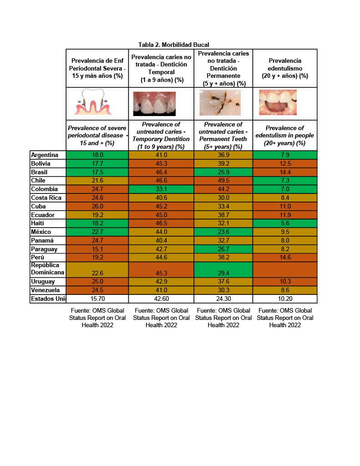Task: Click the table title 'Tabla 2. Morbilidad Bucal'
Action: [x=173, y=45]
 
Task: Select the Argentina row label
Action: [x=45, y=155]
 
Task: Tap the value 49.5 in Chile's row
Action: [x=223, y=181]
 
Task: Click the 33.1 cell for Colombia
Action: [x=161, y=189]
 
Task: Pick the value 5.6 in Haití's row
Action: [x=285, y=223]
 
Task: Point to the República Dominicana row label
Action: [x=47, y=268]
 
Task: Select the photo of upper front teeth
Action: [x=154, y=104]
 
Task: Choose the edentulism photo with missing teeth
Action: [x=278, y=102]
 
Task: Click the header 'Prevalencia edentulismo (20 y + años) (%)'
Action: [x=285, y=68]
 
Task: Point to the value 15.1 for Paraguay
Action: [x=97, y=249]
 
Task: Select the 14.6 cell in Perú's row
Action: [x=285, y=258]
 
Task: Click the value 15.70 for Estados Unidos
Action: [x=97, y=299]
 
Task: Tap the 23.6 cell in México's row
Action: [x=223, y=232]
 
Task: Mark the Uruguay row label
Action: [x=43, y=282]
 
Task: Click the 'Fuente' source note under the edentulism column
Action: [x=285, y=318]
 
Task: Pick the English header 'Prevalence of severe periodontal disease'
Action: [x=97, y=135]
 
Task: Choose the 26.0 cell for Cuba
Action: [x=97, y=206]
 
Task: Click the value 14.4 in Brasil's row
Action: [x=285, y=172]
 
